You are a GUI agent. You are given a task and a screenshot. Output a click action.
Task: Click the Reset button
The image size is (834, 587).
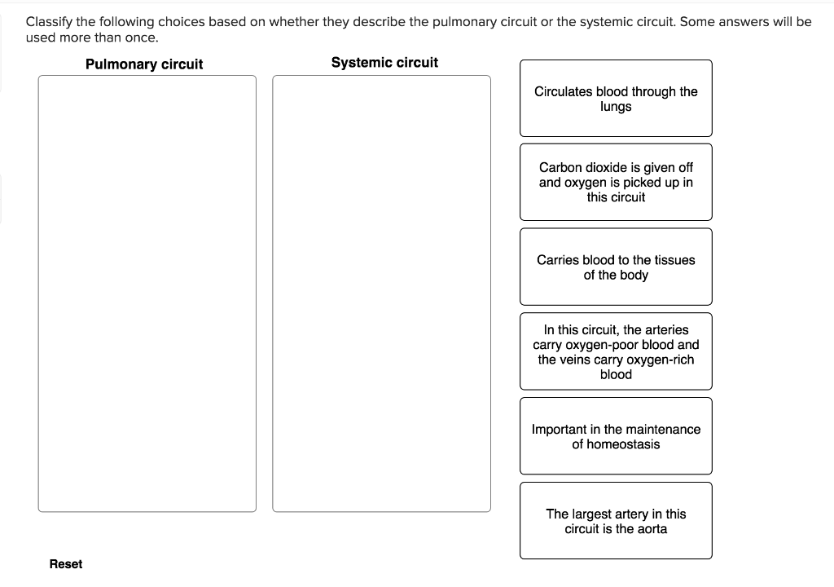pos(65,564)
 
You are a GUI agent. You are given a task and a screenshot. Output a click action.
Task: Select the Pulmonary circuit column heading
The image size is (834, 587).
pos(144,64)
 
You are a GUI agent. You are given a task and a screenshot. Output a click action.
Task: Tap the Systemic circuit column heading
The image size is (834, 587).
pos(384,63)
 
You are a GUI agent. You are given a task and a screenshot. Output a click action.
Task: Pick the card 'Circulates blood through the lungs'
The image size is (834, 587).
pos(616,99)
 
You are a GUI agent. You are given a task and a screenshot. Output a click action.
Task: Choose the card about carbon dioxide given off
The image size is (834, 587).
pos(616,182)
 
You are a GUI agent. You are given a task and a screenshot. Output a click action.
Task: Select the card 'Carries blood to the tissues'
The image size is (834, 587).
pos(616,267)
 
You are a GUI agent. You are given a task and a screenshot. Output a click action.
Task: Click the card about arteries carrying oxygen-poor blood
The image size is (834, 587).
pos(616,351)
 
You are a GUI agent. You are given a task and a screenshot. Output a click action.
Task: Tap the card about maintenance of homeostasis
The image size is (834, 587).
pos(616,436)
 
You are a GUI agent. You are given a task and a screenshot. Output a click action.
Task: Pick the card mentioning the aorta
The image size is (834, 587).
pos(616,521)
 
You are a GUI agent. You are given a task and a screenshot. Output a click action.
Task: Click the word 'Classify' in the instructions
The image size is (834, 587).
pos(49,22)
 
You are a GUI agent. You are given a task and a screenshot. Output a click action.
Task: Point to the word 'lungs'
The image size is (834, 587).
pos(616,107)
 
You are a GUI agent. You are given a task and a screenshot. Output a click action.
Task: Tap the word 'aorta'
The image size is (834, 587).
pos(650,529)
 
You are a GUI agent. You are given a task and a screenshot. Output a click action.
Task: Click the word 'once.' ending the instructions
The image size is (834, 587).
pos(142,38)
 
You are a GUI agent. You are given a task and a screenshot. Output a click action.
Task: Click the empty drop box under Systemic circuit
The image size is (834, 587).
pos(381,293)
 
